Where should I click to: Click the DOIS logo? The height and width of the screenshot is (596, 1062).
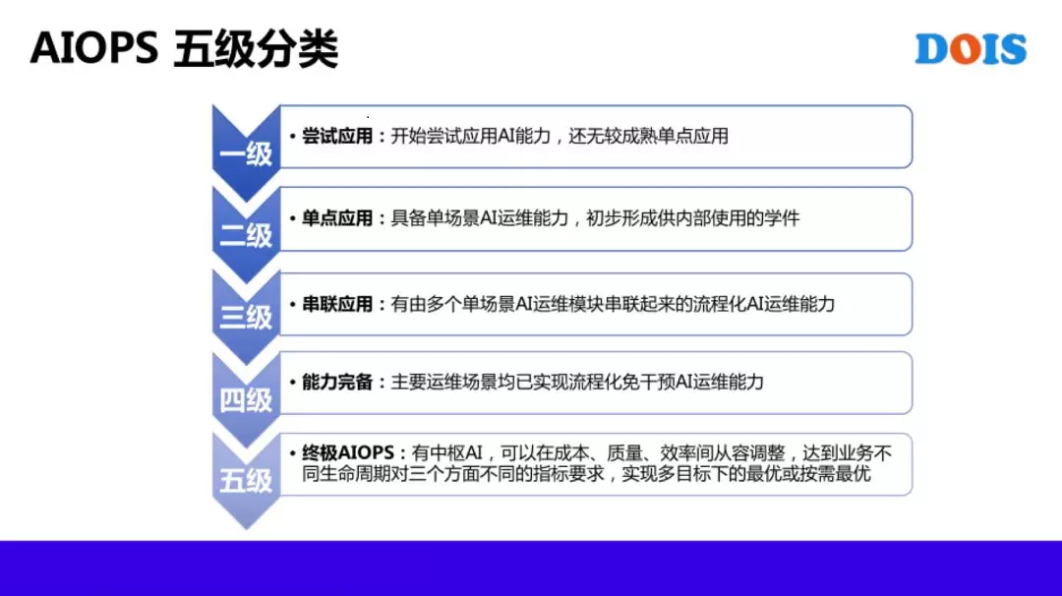971,49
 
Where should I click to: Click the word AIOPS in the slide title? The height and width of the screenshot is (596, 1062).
94,48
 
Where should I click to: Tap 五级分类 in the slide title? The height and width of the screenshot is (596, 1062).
256,49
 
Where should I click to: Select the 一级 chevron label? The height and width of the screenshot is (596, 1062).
246,154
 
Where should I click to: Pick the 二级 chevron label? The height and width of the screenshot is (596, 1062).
246,236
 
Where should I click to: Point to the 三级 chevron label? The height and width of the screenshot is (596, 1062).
246,317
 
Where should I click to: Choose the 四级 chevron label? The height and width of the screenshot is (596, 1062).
246,400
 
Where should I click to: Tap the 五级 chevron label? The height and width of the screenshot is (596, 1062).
246,482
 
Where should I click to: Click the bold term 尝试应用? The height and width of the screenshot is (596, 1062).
337,136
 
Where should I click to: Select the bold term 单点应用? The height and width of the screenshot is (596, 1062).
337,218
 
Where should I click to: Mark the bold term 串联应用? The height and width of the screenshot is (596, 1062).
337,304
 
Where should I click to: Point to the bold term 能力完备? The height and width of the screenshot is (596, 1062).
337,382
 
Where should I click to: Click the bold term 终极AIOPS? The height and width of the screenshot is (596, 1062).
348,452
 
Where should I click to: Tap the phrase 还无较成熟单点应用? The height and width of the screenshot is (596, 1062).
648,136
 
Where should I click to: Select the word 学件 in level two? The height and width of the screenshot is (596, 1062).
783,218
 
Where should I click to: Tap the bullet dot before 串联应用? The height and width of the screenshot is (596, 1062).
293,305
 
